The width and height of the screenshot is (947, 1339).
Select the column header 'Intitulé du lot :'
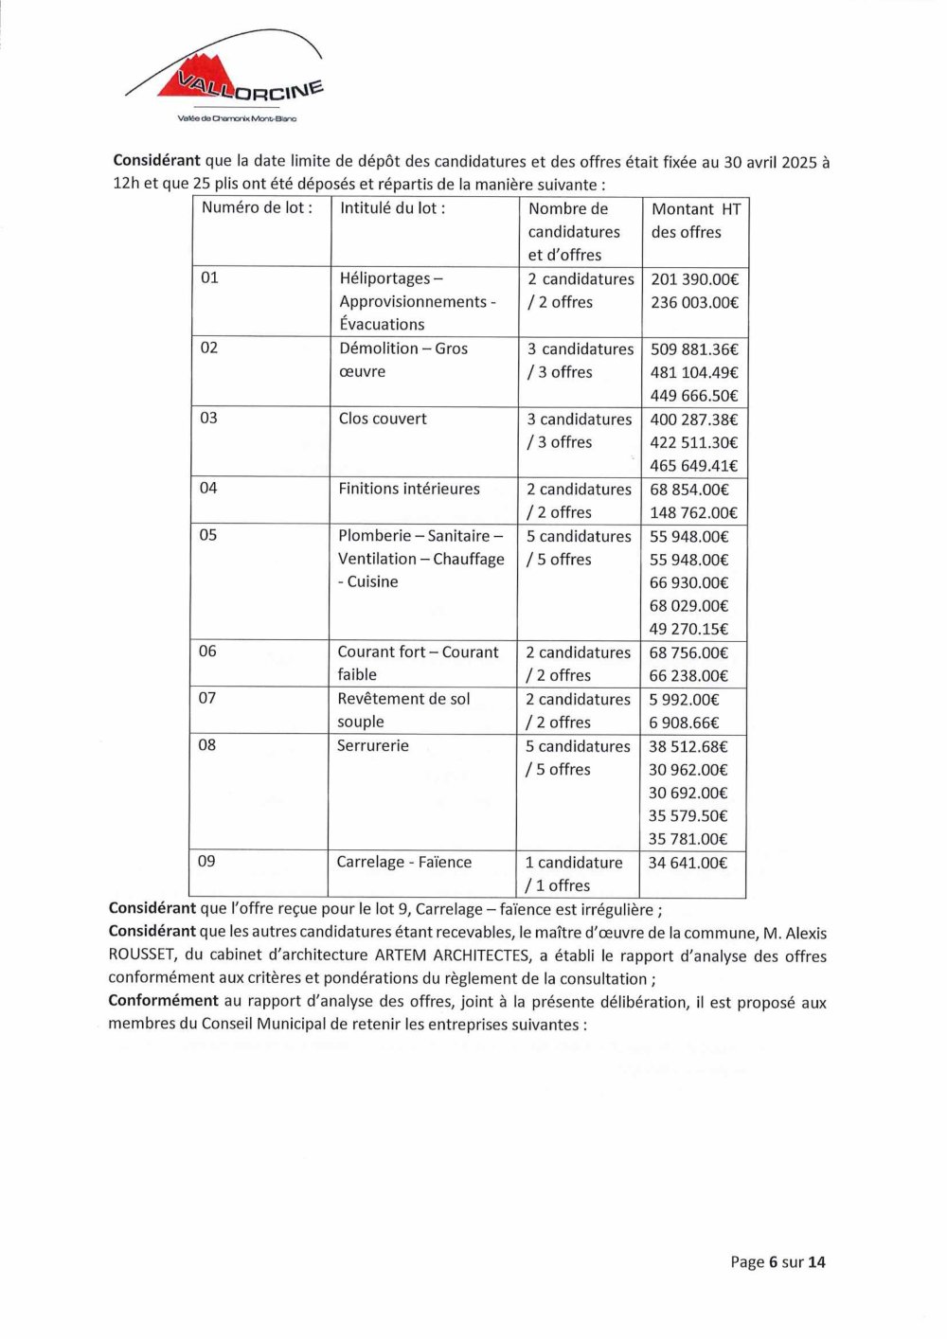392,208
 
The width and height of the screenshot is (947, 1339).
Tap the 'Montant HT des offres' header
695,221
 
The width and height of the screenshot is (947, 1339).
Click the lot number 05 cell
208,535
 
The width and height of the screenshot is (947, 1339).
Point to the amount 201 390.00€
694,279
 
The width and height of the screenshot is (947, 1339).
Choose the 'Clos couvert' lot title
383,419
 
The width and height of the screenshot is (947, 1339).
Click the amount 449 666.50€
693,396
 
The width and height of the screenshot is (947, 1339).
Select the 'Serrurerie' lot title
373,746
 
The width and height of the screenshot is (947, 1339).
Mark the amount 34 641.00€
688,863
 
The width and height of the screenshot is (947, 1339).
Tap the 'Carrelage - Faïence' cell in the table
403,863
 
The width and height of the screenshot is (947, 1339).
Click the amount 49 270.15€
688,629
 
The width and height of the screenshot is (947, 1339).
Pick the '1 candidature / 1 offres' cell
573,874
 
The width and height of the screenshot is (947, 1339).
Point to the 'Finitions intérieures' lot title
409,489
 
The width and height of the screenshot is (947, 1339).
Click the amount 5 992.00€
684,700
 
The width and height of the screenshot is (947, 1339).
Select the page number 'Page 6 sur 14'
777,1261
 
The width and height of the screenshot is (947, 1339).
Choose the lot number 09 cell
206,862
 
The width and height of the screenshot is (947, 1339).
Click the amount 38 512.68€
688,746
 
